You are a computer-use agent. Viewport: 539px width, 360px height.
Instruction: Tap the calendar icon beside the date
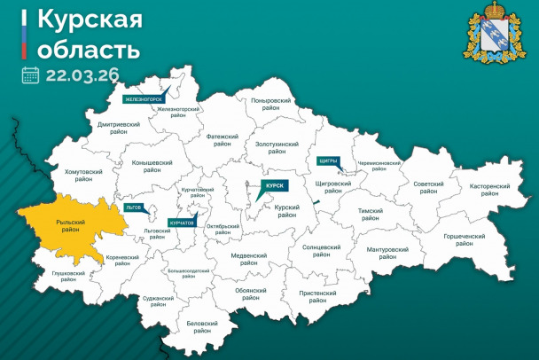pyautogui.click(x=31, y=74)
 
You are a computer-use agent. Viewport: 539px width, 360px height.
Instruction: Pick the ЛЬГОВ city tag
pyautogui.click(x=134, y=206)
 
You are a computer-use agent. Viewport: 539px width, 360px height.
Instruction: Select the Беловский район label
pyautogui.click(x=203, y=327)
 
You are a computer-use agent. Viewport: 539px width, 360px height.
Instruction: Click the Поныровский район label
pyautogui.click(x=271, y=105)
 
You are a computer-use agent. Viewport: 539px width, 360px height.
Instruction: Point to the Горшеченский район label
pyautogui.click(x=464, y=240)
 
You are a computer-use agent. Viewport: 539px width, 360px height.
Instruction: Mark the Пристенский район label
pyautogui.click(x=316, y=296)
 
